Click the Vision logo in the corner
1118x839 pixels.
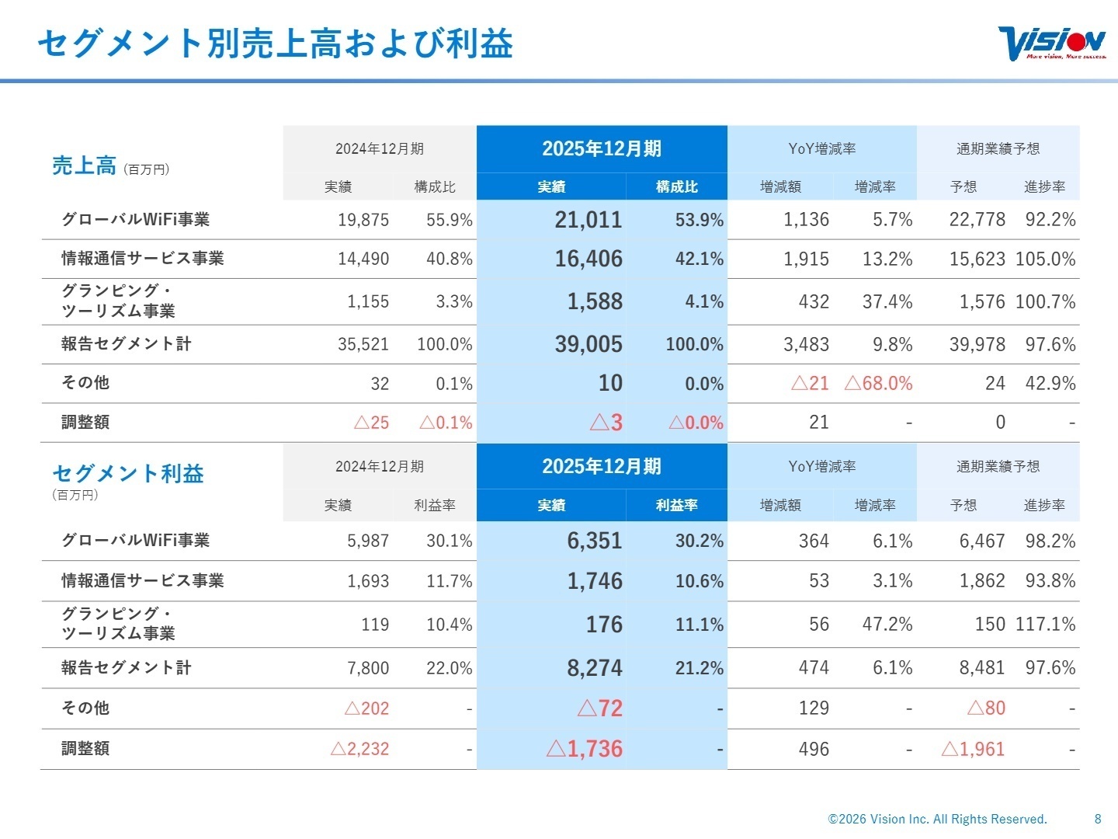1051,44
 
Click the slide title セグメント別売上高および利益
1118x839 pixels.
275,44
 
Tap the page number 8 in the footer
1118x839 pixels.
1098,819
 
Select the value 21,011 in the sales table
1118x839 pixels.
588,220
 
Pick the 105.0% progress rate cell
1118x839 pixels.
1045,259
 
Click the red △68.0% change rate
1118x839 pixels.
878,383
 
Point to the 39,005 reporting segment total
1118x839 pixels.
588,344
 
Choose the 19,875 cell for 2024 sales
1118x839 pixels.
363,220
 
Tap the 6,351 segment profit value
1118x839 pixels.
594,541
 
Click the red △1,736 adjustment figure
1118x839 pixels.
584,749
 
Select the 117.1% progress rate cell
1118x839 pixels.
1045,625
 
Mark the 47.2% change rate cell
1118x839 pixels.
887,625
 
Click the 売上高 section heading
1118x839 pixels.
84,165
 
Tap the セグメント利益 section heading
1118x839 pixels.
128,473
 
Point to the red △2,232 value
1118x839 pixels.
359,749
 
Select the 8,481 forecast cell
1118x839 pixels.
981,668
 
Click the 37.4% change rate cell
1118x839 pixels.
887,301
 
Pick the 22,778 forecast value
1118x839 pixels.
977,220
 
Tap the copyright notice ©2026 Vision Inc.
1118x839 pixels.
937,819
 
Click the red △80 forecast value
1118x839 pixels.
986,708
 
